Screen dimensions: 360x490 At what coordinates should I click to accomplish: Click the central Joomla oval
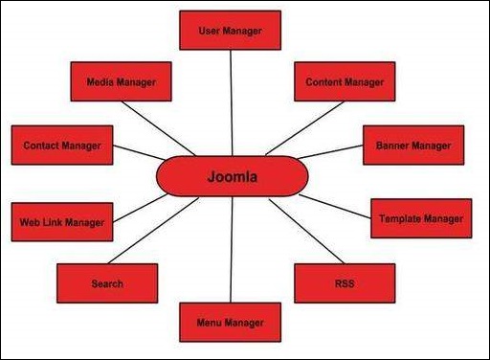(234, 176)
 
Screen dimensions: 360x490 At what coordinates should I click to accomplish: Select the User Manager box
(230, 31)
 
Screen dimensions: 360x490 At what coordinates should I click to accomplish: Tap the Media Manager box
(121, 82)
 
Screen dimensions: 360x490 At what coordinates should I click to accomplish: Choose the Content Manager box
(345, 82)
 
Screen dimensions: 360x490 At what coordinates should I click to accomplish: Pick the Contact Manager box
(62, 145)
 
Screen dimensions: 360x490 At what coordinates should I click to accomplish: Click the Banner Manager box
(412, 145)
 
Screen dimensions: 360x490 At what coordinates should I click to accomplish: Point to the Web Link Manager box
(61, 222)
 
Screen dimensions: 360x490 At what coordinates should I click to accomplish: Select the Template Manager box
(420, 219)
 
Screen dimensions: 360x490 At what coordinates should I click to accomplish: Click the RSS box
(345, 283)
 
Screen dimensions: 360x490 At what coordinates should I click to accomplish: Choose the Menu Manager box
(230, 323)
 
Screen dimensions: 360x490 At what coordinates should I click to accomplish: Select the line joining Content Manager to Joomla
(297, 129)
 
